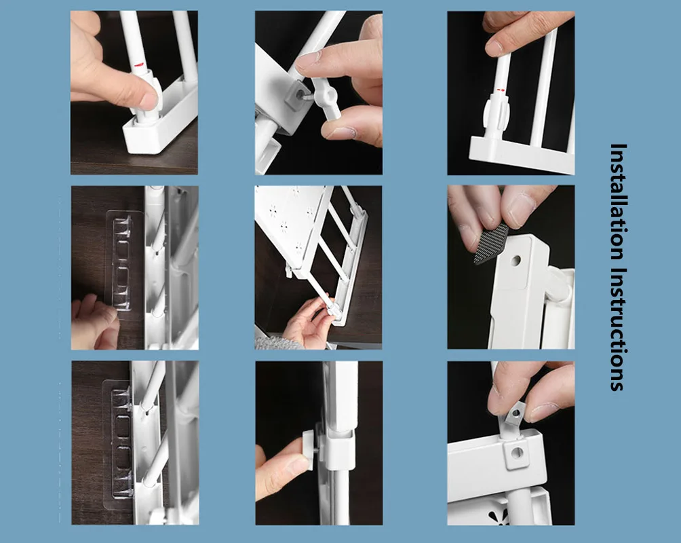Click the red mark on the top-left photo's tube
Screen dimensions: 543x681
pos(138,66)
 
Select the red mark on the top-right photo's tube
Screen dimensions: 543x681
pos(501,89)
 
